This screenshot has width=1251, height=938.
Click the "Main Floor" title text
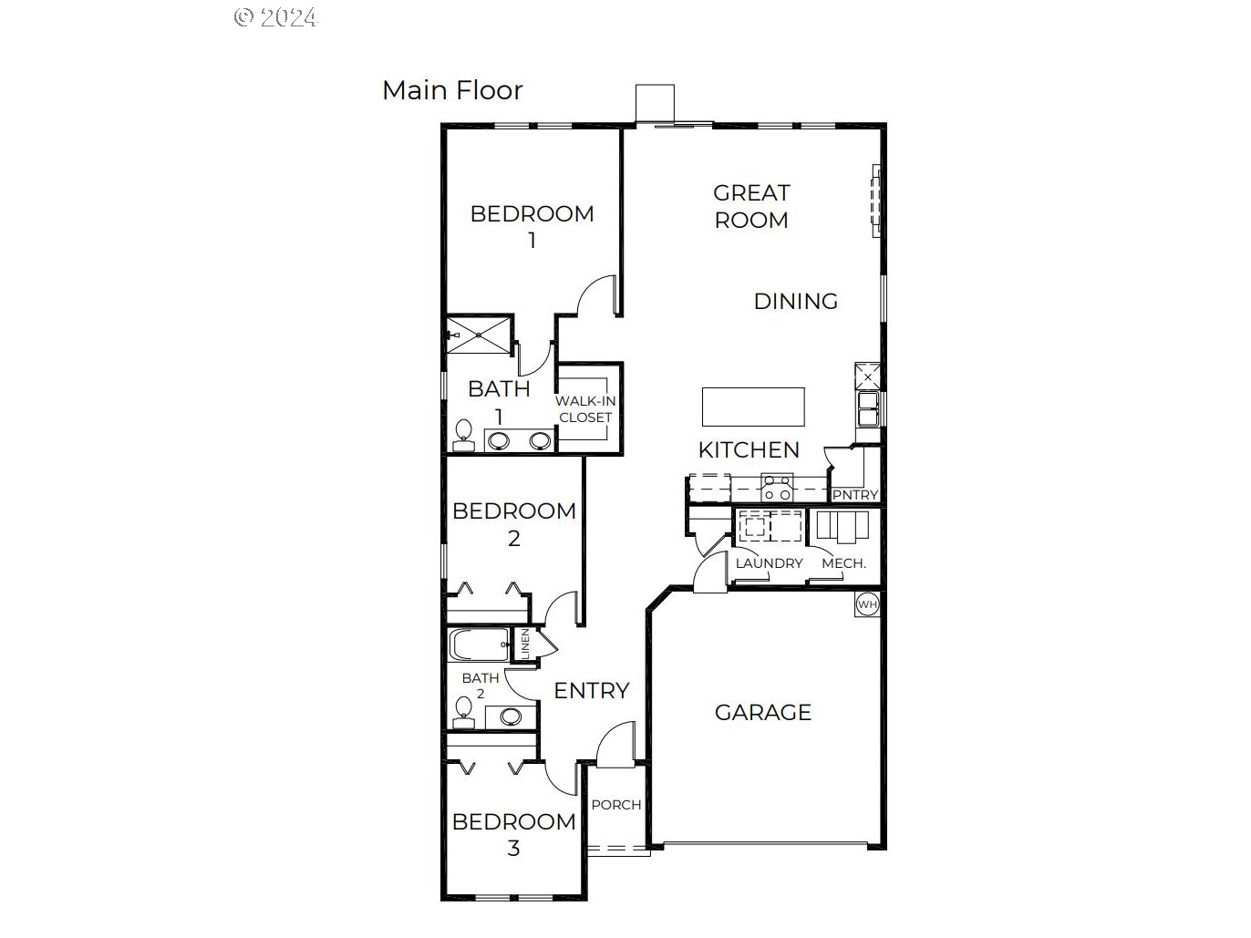point(452,90)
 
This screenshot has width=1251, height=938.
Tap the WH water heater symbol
point(867,604)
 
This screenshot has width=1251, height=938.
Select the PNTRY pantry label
point(855,495)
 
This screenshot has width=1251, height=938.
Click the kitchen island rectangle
point(753,407)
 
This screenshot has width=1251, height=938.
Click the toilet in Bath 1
point(464,435)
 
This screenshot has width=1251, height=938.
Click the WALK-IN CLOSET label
point(585,409)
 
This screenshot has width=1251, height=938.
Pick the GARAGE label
point(762,712)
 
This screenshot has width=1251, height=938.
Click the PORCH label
point(616,805)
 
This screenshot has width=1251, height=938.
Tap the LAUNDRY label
point(769,563)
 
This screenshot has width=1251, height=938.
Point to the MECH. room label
point(843,563)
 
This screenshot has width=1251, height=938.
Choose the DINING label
point(795,301)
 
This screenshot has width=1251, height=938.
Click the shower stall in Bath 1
point(479,335)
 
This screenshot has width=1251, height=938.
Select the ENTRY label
point(592,691)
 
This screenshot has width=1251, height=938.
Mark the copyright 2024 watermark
point(275,17)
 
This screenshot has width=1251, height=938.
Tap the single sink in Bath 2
point(510,716)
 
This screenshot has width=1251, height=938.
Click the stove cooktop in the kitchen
point(778,488)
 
